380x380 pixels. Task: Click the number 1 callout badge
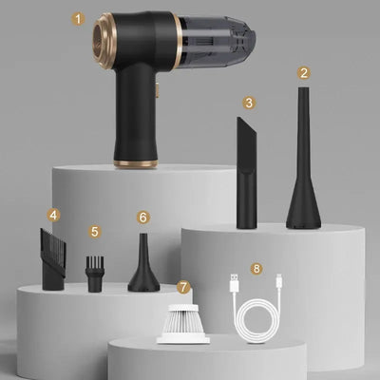click(77, 18)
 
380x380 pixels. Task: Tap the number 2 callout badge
click(304, 72)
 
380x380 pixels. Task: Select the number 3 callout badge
click(249, 103)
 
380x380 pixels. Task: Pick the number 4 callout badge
click(54, 216)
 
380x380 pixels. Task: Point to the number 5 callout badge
click(94, 231)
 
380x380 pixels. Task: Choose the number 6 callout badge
click(143, 217)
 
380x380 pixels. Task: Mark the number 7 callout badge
click(184, 285)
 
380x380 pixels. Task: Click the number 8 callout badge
click(256, 269)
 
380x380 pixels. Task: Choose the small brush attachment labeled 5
click(93, 269)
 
